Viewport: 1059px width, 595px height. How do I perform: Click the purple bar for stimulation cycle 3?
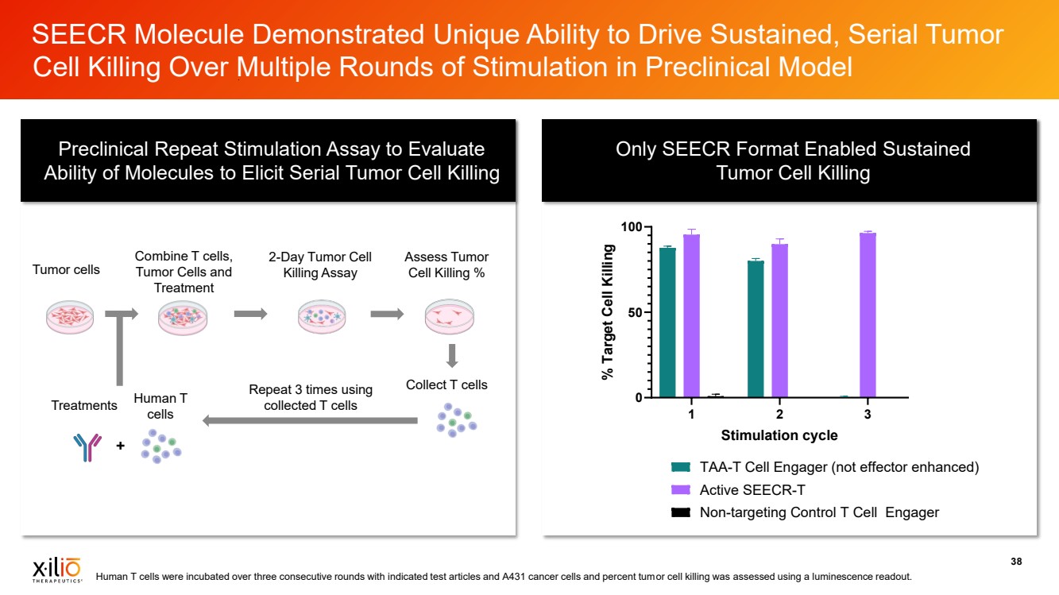868,315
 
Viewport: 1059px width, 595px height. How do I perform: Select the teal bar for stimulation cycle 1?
667,322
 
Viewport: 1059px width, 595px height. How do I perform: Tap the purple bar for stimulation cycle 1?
691,315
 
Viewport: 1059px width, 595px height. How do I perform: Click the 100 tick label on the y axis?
630,227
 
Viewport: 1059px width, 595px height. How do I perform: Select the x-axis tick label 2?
779,415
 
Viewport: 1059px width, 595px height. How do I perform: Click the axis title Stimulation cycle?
779,435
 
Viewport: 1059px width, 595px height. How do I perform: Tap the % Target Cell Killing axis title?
609,312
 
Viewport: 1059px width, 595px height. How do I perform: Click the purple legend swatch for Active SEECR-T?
681,489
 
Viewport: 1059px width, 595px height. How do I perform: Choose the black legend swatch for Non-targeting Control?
681,512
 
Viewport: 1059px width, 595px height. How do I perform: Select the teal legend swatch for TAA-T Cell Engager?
681,467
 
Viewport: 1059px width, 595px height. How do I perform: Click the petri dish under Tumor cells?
71,317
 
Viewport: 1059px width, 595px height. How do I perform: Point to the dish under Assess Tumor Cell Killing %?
449,317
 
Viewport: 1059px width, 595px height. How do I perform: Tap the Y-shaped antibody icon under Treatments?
87,447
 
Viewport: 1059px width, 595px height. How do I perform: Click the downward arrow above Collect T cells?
451,355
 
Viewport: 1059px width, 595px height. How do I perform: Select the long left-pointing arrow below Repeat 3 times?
310,420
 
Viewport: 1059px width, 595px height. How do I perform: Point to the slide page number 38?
1015,562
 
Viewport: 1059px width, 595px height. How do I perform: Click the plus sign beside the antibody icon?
120,446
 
